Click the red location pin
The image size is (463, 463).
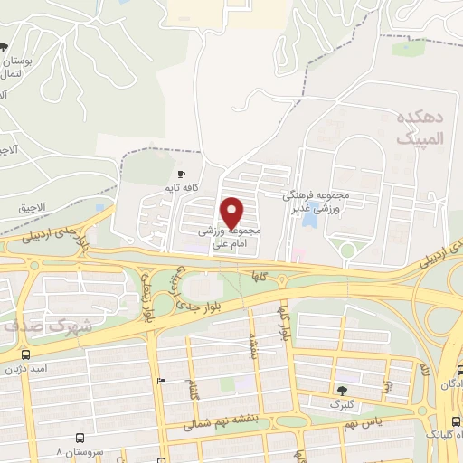(233, 212)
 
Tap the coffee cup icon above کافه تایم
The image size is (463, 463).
(182, 173)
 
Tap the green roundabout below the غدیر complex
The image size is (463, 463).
(346, 250)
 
